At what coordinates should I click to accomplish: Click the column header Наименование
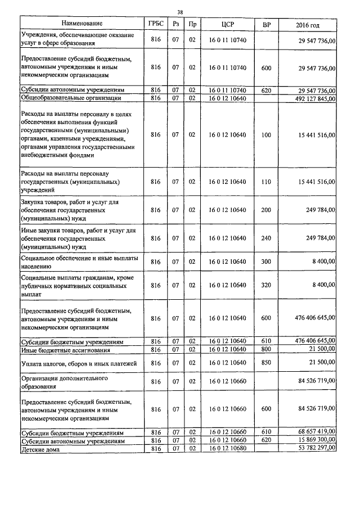coord(82,24)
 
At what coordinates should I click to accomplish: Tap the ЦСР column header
coord(227,24)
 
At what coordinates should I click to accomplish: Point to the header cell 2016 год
coord(307,24)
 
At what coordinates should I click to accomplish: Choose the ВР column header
coord(266,24)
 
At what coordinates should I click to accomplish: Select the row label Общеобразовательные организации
coord(71,98)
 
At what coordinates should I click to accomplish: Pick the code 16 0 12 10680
coord(227,448)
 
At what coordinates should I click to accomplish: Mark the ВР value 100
coord(266,135)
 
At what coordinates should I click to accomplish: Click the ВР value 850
coord(266,364)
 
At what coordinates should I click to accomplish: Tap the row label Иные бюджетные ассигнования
coord(64,349)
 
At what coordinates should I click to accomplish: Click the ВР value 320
coord(266,285)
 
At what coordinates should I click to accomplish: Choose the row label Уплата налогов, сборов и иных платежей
coord(79,364)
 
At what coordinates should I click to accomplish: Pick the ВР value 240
coord(266,238)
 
